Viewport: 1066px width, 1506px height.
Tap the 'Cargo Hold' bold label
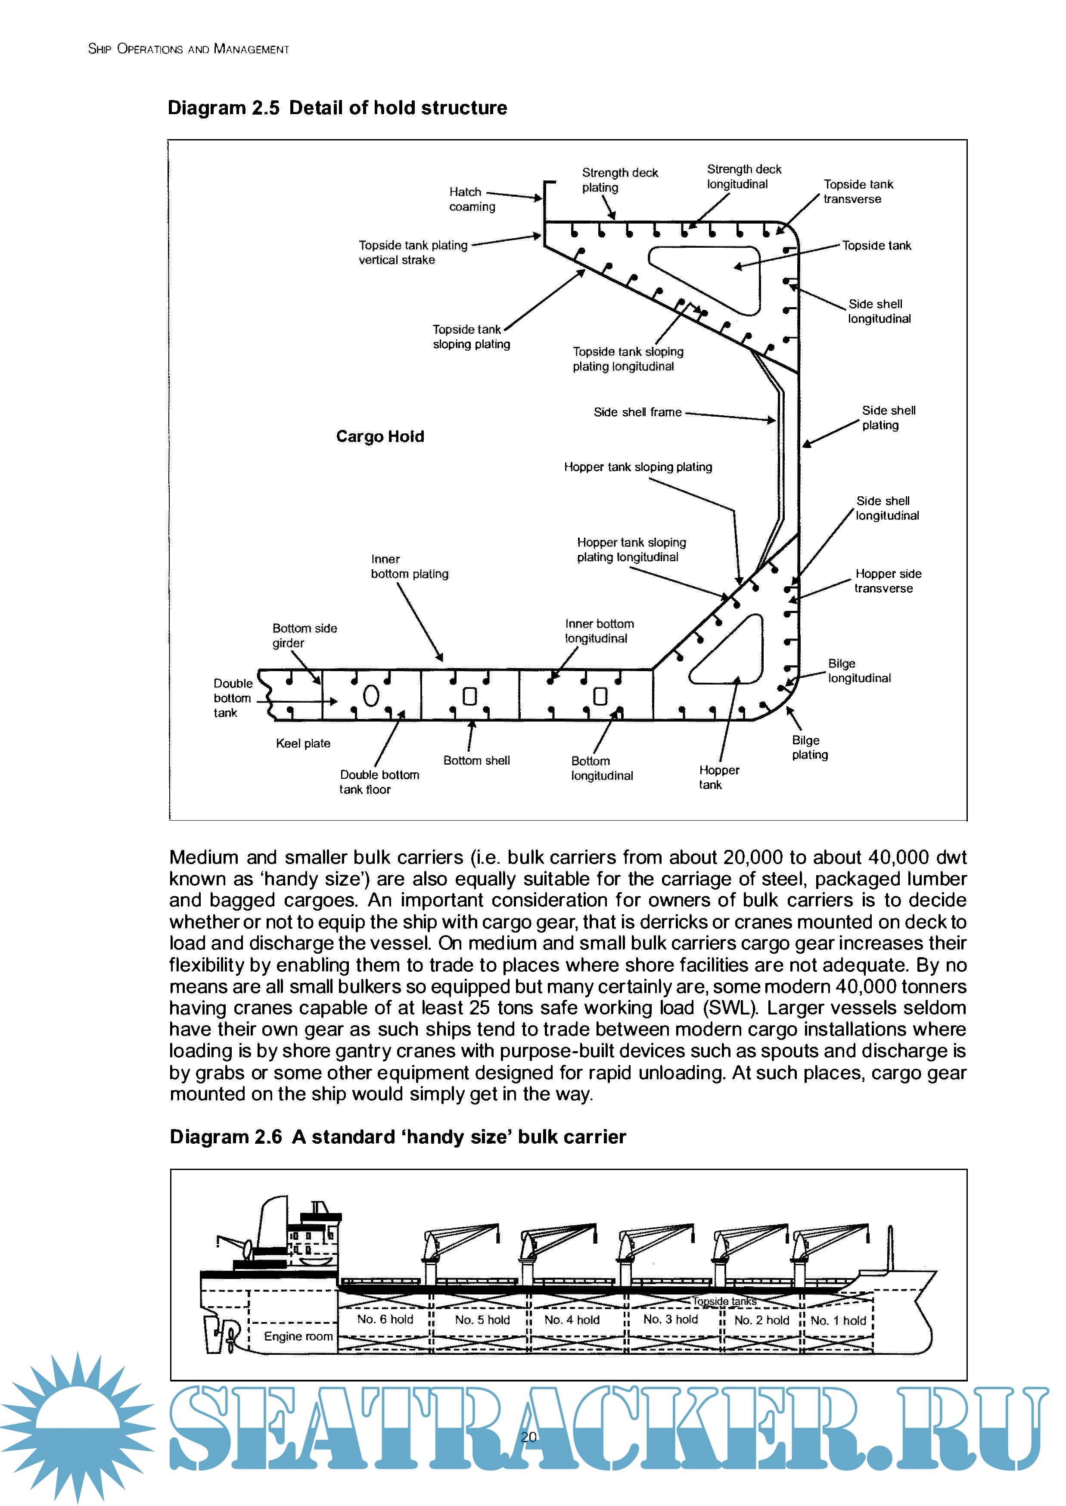click(380, 436)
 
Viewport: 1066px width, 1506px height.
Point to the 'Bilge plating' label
click(809, 747)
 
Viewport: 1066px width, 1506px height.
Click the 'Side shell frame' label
click(637, 412)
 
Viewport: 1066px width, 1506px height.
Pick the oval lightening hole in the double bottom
click(371, 696)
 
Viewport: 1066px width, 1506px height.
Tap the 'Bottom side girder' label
click(305, 635)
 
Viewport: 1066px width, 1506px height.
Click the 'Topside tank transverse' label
click(858, 192)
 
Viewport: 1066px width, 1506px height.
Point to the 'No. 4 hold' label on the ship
click(572, 1319)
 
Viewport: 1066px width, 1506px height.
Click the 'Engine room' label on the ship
click(298, 1336)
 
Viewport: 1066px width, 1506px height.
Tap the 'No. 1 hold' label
click(838, 1320)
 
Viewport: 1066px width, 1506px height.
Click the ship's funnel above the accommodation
click(272, 1224)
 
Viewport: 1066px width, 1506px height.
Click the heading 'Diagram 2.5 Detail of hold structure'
click(337, 108)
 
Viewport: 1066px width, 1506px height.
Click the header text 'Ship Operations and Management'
click(188, 49)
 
